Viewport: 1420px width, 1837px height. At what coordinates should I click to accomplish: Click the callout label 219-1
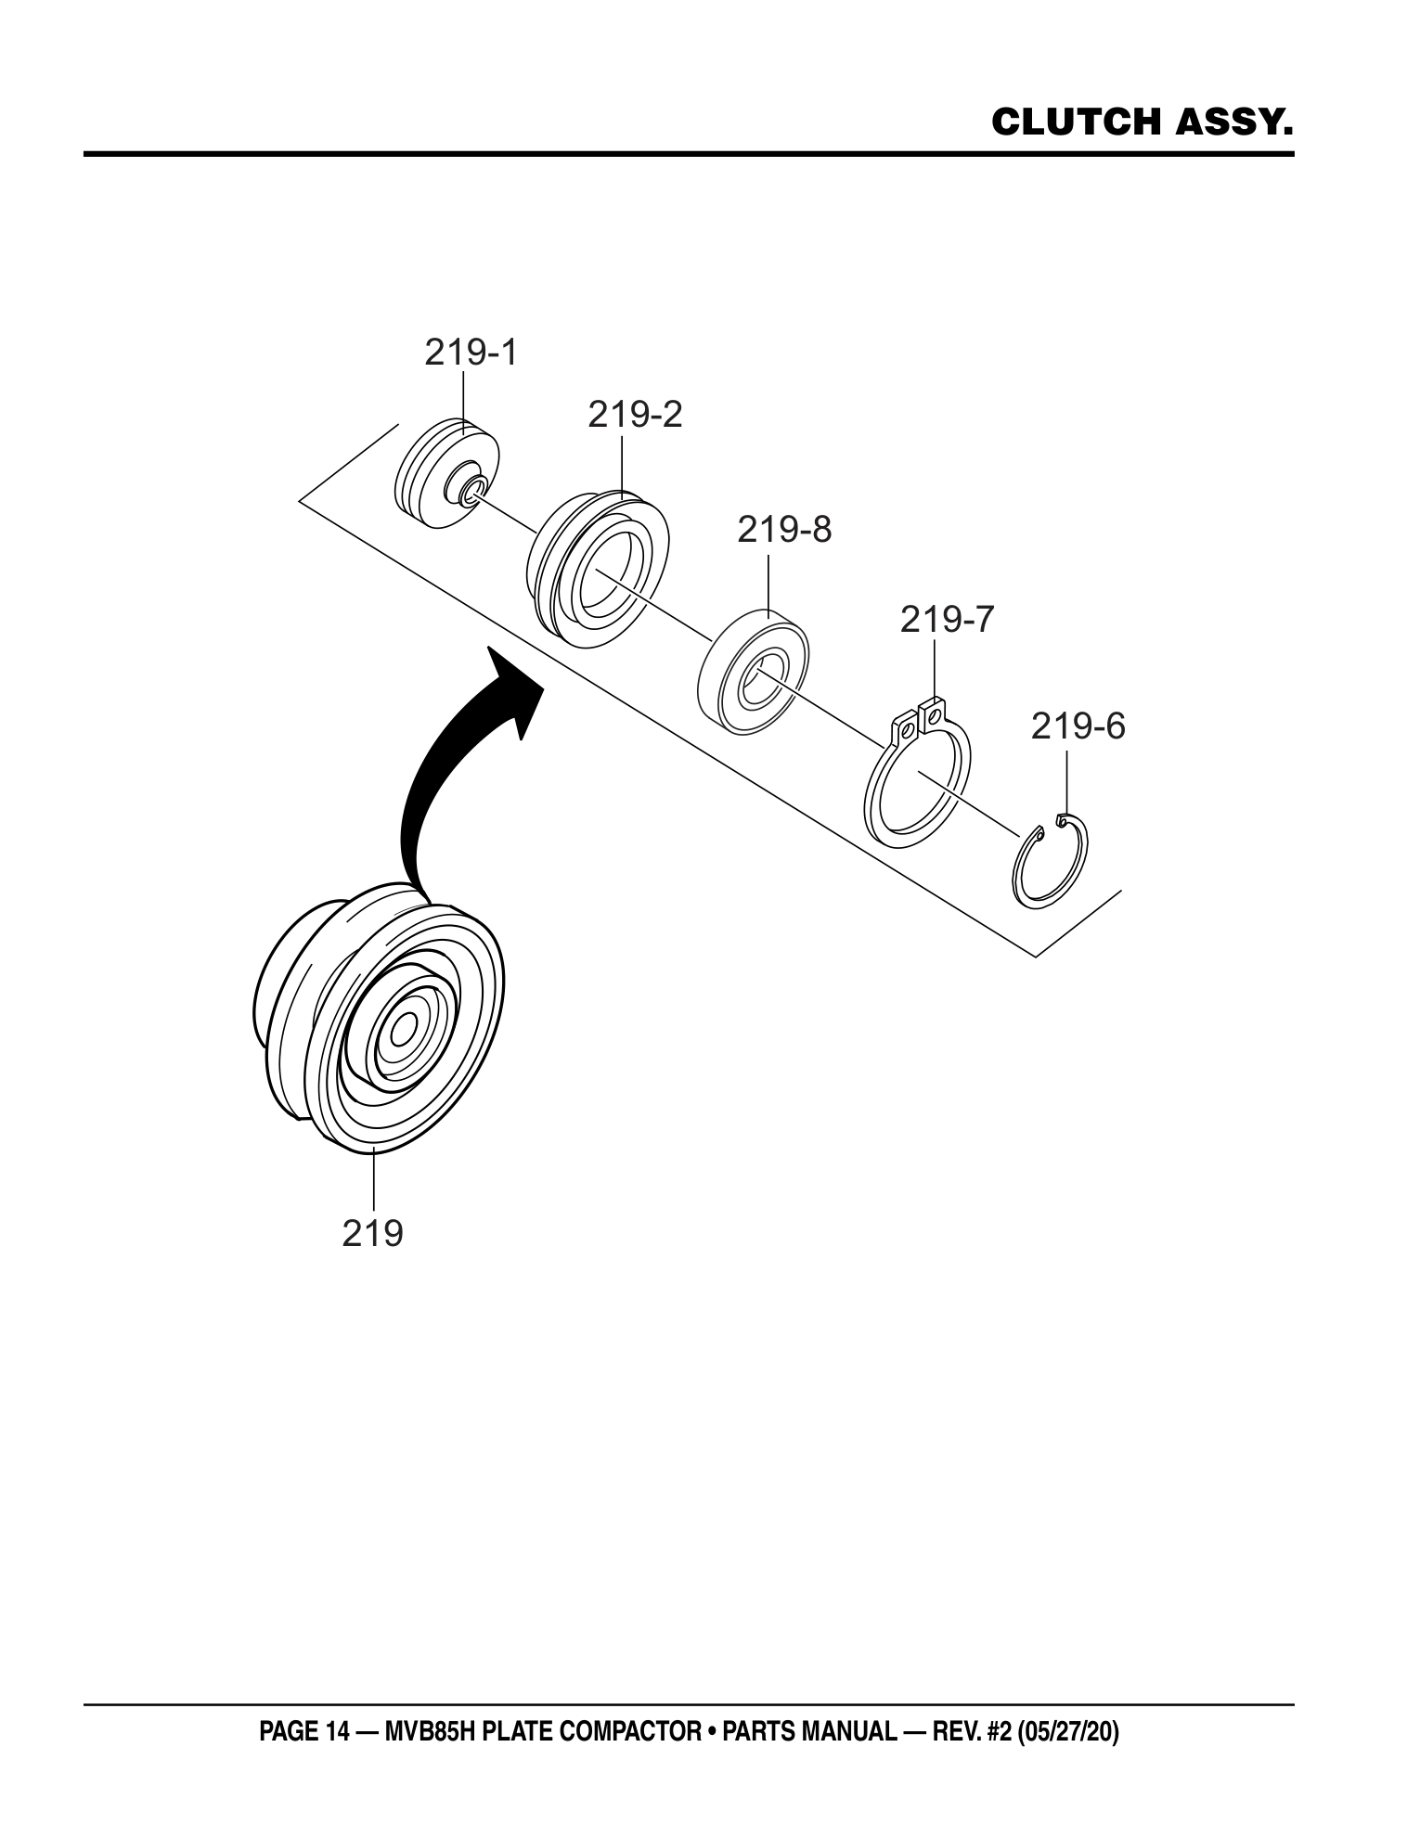(x=471, y=353)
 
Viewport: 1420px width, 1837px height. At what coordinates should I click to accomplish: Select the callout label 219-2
(x=635, y=415)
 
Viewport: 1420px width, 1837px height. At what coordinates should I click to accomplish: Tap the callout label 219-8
(x=785, y=530)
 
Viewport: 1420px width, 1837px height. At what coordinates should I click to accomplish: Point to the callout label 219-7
(x=947, y=619)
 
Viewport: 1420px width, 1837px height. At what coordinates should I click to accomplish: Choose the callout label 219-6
(x=1078, y=726)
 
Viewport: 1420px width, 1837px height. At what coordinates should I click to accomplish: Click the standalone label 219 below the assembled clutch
(x=373, y=1234)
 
